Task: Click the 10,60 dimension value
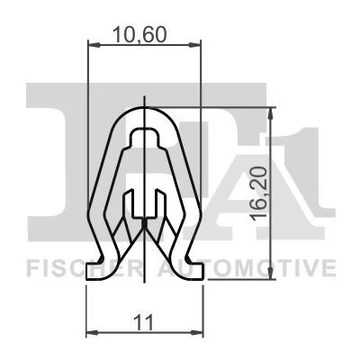139,35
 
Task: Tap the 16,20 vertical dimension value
259,194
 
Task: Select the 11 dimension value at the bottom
144,322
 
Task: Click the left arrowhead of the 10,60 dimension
94,45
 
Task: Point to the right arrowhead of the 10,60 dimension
194,45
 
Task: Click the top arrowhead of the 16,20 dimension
271,114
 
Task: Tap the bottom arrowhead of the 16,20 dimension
271,273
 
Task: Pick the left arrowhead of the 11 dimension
93,332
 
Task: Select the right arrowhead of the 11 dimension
197,332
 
